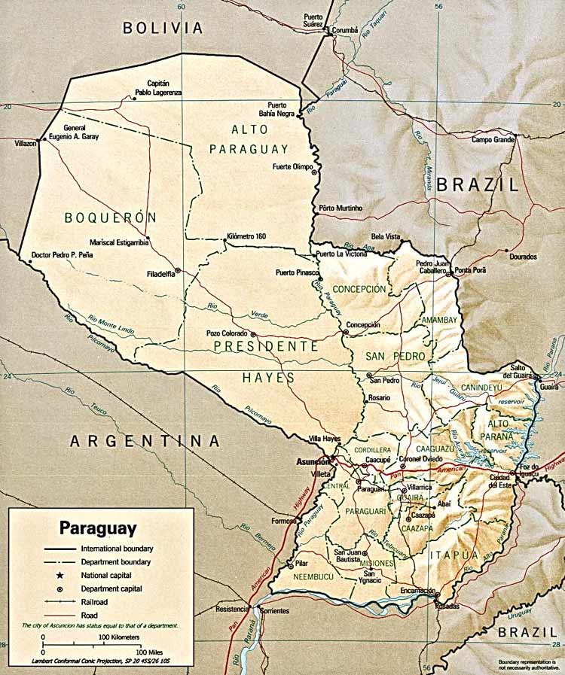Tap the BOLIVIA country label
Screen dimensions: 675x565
[x=163, y=29]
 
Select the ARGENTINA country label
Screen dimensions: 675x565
[x=145, y=441]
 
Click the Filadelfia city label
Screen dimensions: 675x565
[x=158, y=274]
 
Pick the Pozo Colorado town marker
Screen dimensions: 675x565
[x=254, y=334]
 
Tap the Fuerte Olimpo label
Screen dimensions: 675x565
[x=292, y=167]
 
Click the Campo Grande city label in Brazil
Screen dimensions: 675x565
[x=493, y=139]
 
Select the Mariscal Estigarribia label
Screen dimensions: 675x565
[x=116, y=242]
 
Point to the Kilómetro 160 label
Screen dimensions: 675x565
[x=246, y=236]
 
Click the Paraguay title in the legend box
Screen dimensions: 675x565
[x=98, y=527]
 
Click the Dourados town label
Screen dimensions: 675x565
[x=523, y=257]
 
